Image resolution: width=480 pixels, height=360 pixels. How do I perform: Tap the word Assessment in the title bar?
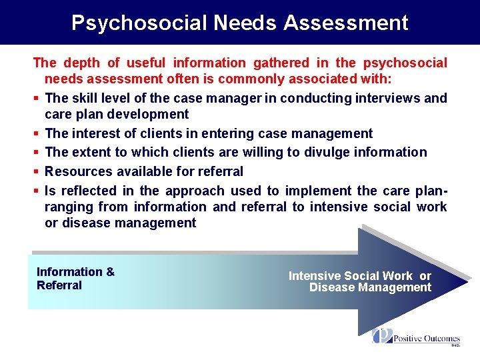point(345,23)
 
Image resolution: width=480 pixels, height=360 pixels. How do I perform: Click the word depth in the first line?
point(81,63)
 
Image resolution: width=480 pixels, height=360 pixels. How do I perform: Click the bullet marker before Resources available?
point(35,171)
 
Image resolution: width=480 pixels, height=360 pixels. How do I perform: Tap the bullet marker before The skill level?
point(35,99)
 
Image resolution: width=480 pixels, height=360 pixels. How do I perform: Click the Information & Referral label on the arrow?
point(75,279)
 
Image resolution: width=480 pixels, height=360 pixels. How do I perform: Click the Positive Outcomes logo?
point(416,337)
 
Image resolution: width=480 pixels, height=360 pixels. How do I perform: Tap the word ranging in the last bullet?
point(67,207)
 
